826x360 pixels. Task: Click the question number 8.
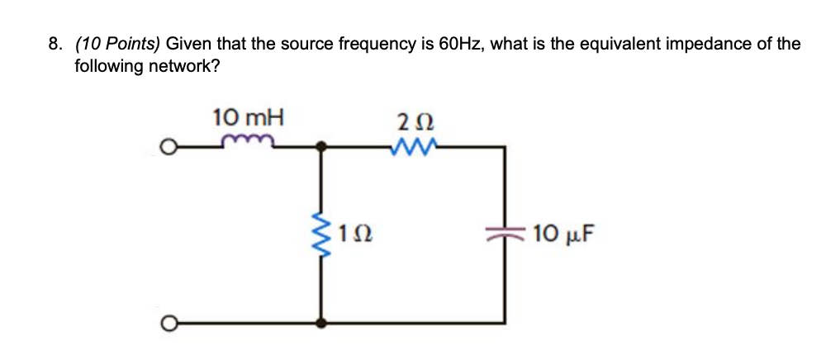click(x=55, y=45)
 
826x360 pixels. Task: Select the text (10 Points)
click(x=117, y=45)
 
